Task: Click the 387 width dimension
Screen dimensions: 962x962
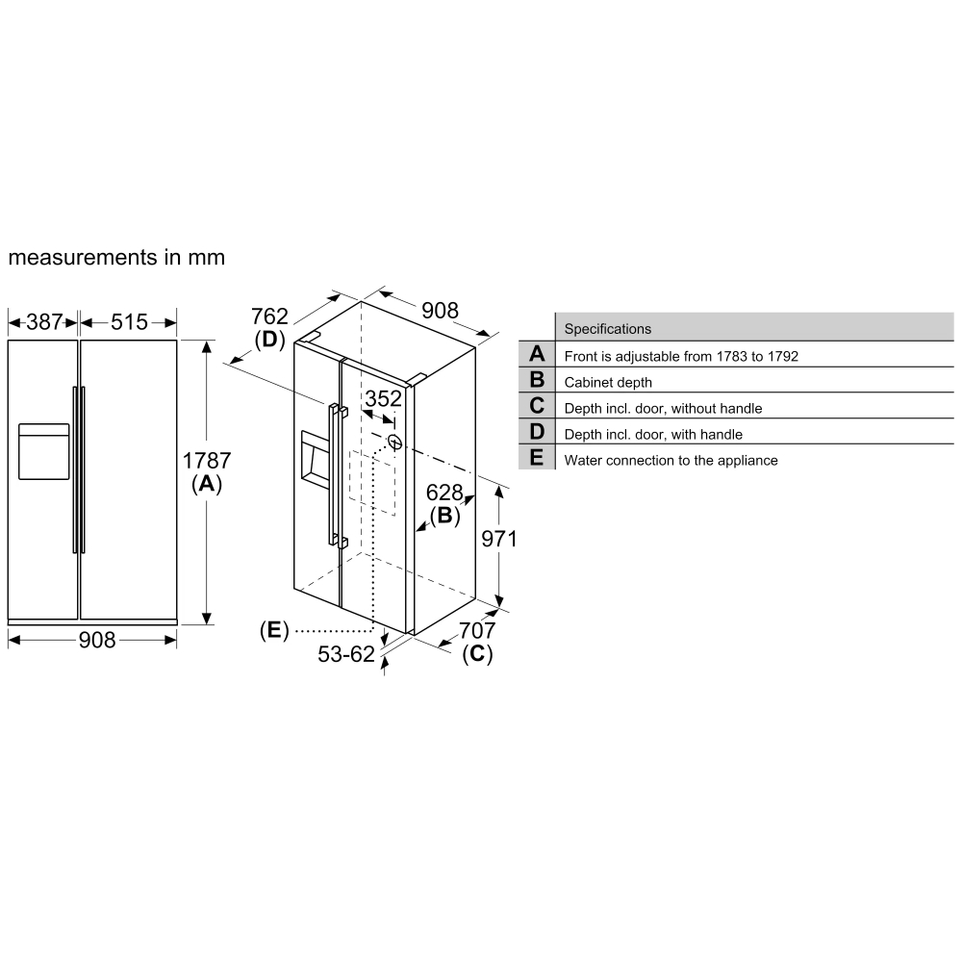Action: click(x=43, y=321)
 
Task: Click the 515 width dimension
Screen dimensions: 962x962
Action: click(x=129, y=321)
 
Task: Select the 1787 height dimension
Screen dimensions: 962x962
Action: click(x=207, y=461)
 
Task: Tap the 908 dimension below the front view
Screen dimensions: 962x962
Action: click(x=96, y=640)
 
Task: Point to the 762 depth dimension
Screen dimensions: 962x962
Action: click(x=269, y=316)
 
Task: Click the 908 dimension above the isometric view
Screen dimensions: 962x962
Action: click(x=440, y=311)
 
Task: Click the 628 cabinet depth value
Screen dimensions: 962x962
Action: click(x=444, y=494)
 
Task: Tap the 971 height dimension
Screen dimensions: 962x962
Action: click(x=499, y=540)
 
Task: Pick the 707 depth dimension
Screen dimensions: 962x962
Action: click(x=477, y=631)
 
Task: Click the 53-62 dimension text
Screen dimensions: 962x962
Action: click(x=345, y=654)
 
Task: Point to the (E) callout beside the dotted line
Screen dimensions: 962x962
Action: click(x=274, y=630)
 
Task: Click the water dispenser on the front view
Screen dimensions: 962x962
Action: click(x=43, y=450)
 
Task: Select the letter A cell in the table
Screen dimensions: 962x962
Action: click(x=536, y=354)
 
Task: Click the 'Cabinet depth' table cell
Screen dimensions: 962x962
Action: click(x=608, y=382)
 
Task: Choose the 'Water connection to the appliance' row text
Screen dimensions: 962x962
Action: click(x=671, y=460)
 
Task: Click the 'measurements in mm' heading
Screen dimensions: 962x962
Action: click(x=116, y=258)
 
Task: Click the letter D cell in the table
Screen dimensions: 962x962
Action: click(x=536, y=433)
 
